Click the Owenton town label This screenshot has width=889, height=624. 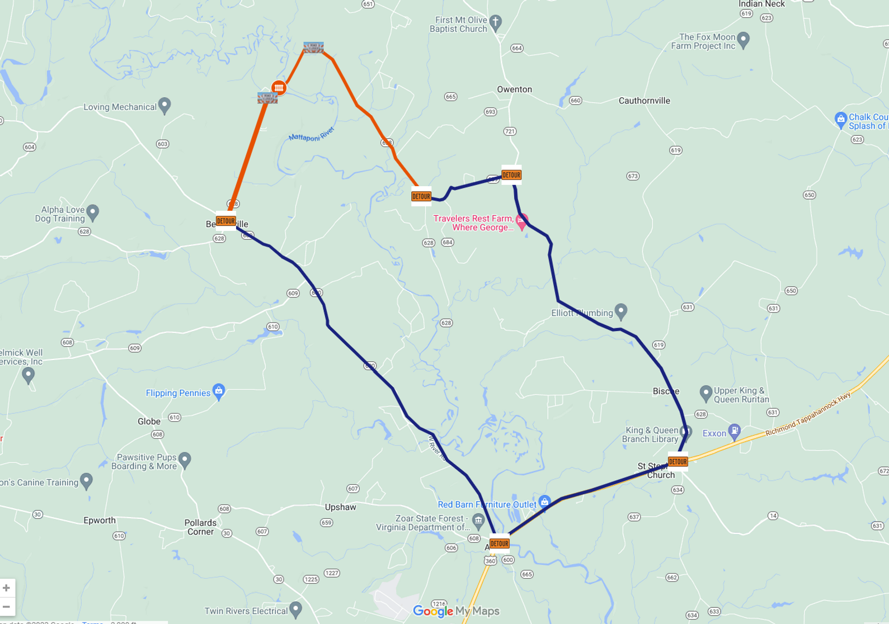(514, 89)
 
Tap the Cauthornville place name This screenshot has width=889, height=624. (644, 101)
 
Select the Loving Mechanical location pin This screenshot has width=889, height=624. (164, 105)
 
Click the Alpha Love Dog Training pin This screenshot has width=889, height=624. (93, 212)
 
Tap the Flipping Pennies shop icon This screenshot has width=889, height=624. (219, 391)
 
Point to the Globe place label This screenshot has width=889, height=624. (149, 422)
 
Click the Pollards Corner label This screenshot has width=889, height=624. (200, 527)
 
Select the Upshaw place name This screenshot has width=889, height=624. (340, 507)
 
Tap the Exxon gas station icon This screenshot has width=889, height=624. (735, 431)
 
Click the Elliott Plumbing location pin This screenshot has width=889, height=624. (621, 311)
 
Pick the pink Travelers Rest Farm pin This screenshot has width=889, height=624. (522, 221)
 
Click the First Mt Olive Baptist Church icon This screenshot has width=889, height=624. (495, 22)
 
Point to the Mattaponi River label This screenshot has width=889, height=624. (312, 135)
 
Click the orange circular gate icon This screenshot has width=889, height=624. (279, 88)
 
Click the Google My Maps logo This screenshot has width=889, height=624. (456, 611)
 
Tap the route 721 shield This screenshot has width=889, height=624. (510, 131)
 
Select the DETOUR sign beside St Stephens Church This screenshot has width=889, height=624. (678, 462)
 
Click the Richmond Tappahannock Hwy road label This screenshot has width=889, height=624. (808, 414)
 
